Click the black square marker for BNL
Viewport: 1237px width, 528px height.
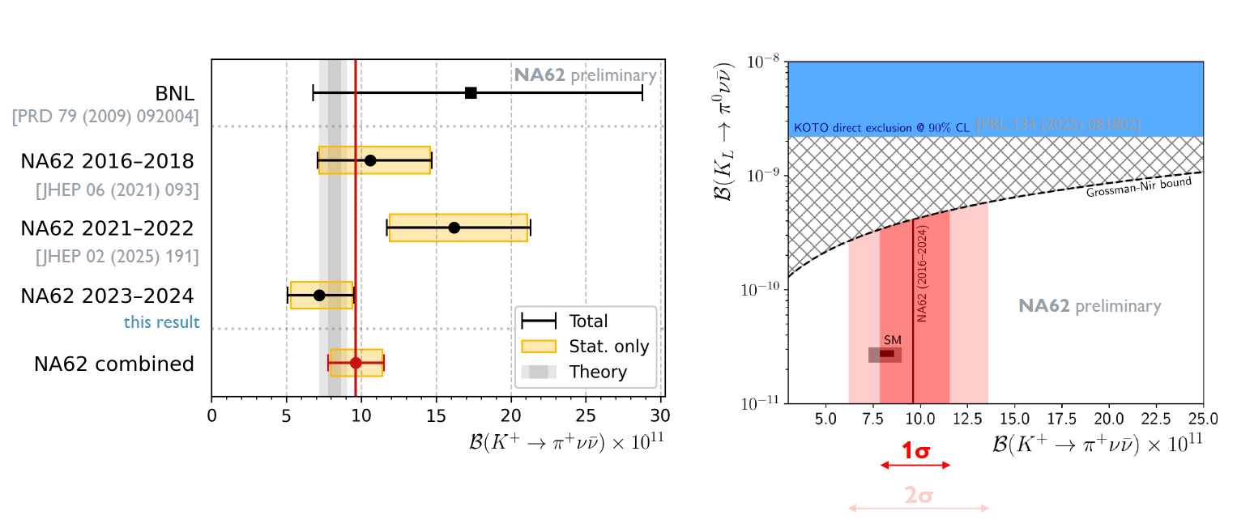(x=471, y=93)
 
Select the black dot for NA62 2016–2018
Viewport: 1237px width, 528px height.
(x=370, y=160)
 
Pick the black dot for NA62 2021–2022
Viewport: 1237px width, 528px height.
(x=454, y=228)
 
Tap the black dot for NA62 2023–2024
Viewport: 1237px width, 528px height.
(x=319, y=295)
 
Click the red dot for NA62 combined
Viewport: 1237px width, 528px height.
(x=356, y=363)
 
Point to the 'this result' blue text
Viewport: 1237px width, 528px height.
(x=161, y=322)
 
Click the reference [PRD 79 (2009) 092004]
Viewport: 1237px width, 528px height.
(x=105, y=117)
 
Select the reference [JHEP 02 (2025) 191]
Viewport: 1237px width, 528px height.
(x=117, y=257)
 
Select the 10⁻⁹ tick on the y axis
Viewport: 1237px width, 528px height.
(x=761, y=176)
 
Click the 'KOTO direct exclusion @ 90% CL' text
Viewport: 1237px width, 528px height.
(x=882, y=128)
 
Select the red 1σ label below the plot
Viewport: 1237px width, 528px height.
(x=915, y=452)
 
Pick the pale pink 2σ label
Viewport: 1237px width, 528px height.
(x=918, y=495)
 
